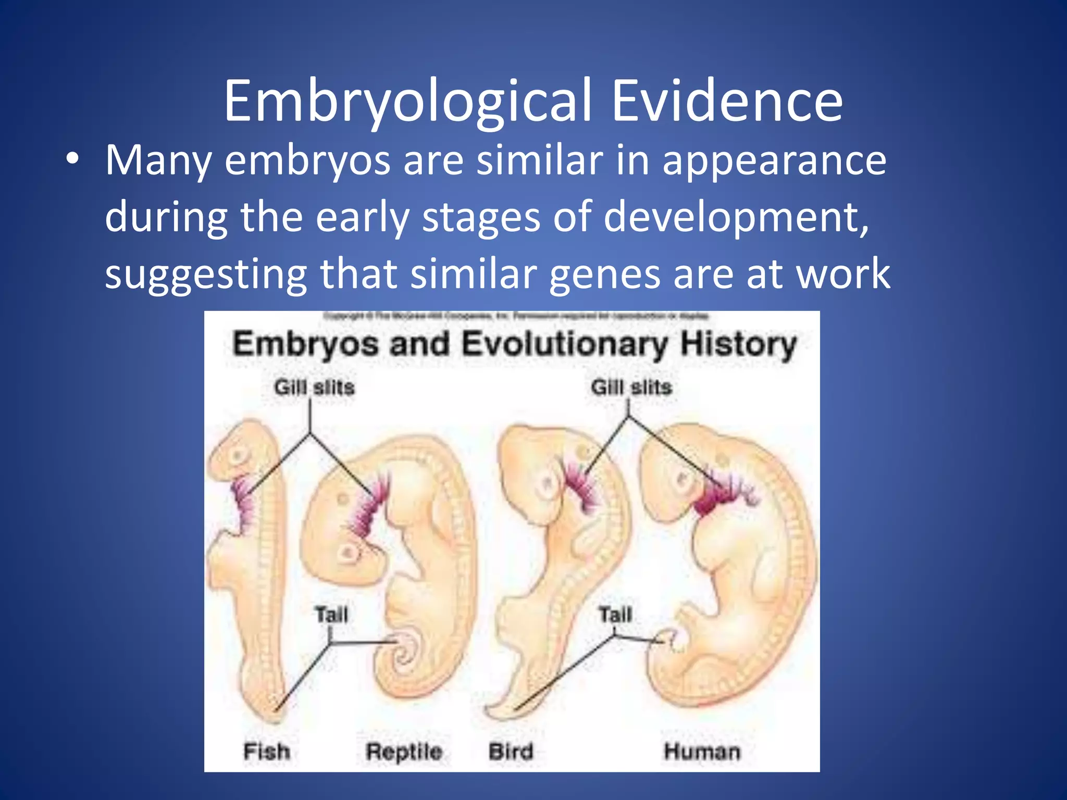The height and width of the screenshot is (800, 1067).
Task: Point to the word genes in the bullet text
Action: pyautogui.click(x=604, y=274)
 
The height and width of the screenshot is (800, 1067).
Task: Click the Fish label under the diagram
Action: pyautogui.click(x=267, y=752)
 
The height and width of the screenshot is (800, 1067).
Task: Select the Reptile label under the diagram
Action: pyautogui.click(x=404, y=752)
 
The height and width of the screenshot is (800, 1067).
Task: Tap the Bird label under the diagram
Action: pyautogui.click(x=511, y=752)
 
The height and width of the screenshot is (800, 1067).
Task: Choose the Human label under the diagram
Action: pyautogui.click(x=701, y=752)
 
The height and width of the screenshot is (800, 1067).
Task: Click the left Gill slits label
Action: pyautogui.click(x=314, y=387)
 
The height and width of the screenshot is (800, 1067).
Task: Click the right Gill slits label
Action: pyautogui.click(x=631, y=387)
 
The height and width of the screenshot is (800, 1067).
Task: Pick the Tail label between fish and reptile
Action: pyautogui.click(x=331, y=615)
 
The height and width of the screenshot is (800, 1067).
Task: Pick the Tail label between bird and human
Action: pyautogui.click(x=615, y=615)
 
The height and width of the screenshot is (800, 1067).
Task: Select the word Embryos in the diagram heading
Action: pyautogui.click(x=305, y=345)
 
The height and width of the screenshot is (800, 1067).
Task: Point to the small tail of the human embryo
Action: pyautogui.click(x=671, y=640)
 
